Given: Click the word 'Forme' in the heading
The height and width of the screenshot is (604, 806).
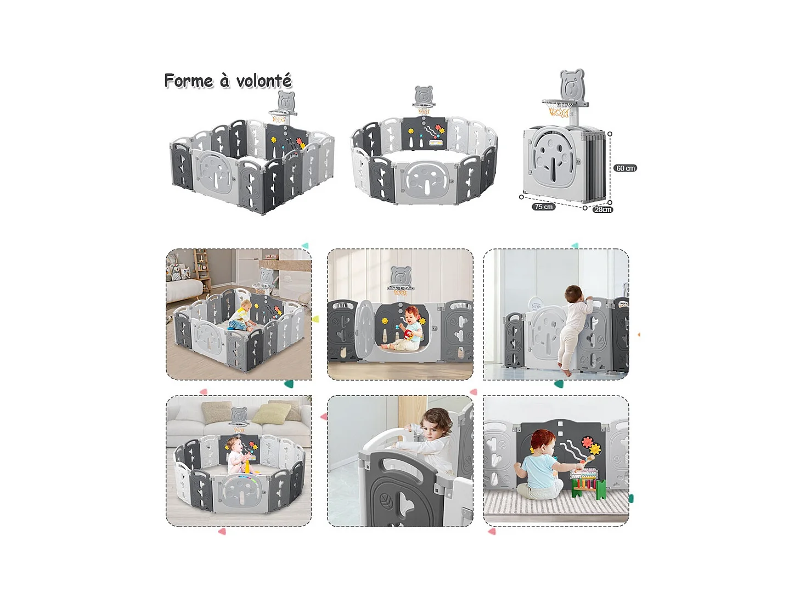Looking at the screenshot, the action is coord(188,80).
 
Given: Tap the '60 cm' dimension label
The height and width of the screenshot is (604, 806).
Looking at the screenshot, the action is coord(625,168).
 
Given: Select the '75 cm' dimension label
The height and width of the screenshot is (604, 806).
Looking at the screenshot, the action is coord(543,207).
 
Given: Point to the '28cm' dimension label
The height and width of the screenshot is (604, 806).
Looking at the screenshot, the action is coord(602,210).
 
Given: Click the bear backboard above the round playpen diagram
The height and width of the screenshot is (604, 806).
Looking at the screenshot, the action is coord(424,95).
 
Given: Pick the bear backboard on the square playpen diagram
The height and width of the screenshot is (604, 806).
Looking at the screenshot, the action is coord(286,100).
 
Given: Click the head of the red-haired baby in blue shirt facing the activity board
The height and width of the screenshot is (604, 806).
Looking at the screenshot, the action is coord(542,442).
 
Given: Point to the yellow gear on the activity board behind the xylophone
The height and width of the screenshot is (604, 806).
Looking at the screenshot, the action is coord(595,449).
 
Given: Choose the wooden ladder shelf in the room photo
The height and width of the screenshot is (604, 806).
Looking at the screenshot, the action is coord(201,270).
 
